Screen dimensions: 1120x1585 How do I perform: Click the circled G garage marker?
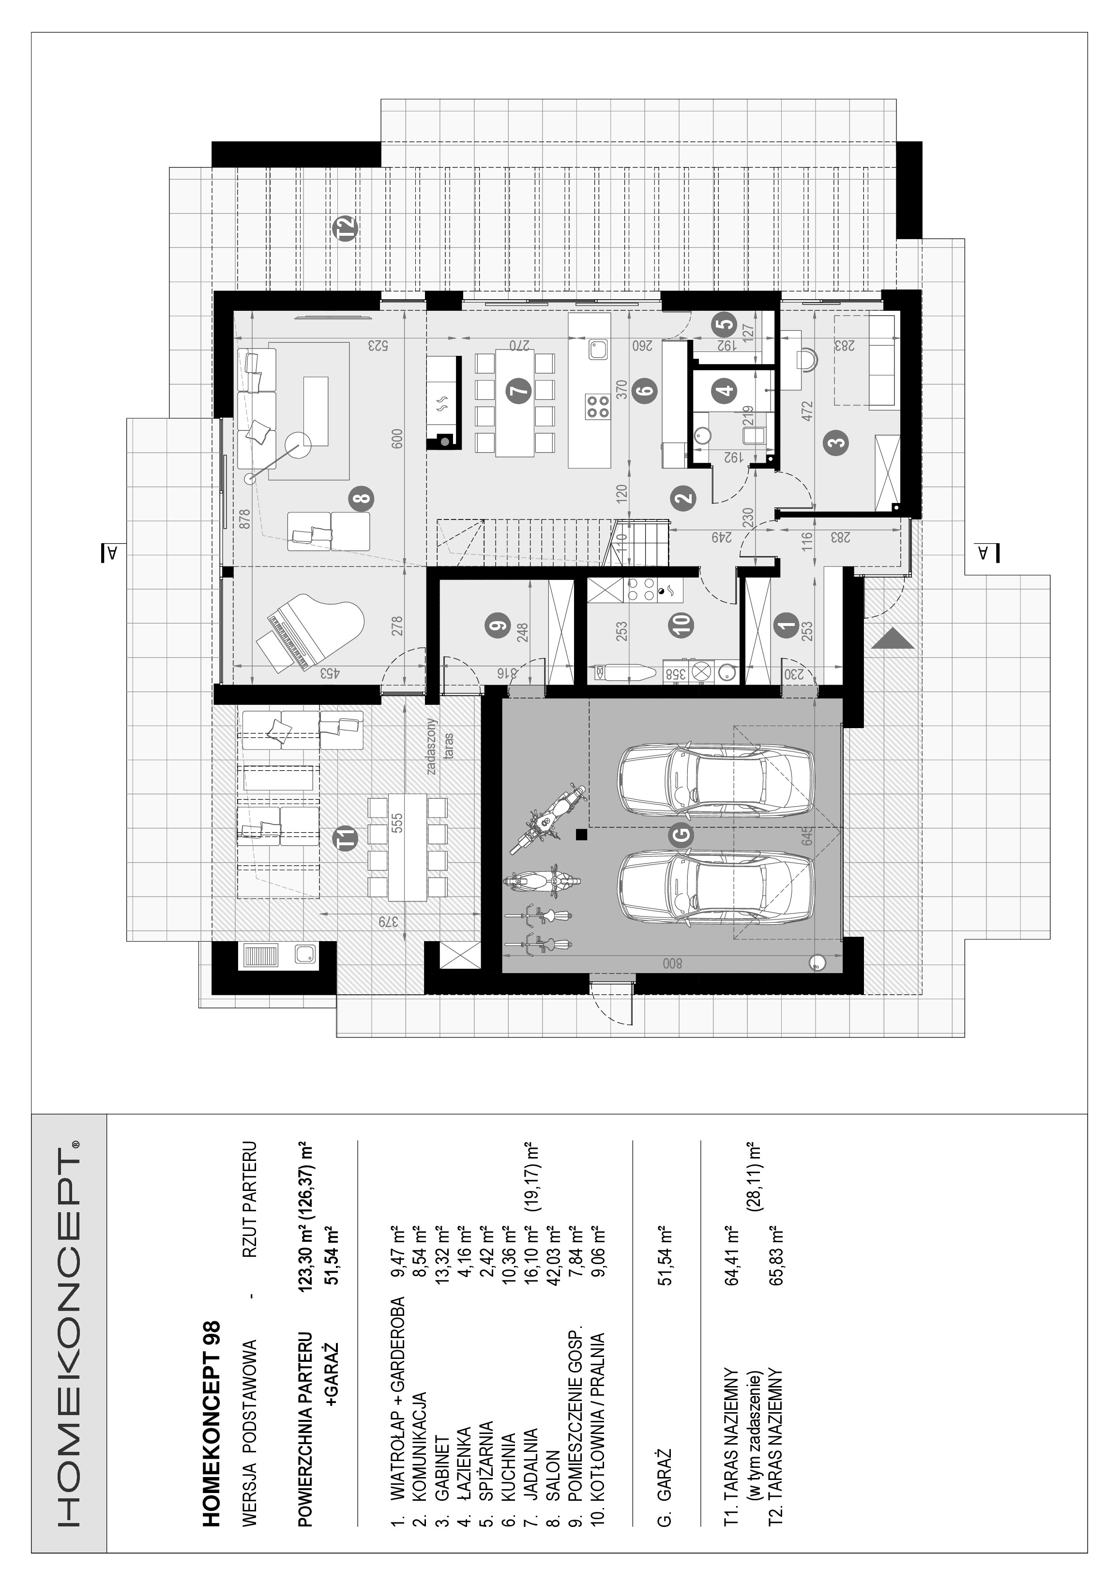(x=681, y=834)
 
